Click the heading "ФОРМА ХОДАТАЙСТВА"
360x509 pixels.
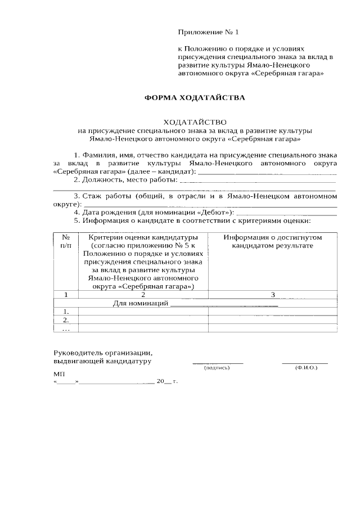point(195,97)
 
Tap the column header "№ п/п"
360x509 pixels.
point(66,241)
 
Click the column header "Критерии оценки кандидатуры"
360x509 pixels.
point(143,262)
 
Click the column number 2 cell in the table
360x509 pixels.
point(143,294)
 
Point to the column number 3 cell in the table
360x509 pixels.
point(272,294)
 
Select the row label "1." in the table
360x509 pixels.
point(66,311)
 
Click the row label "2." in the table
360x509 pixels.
point(66,319)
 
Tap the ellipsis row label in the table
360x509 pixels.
point(66,328)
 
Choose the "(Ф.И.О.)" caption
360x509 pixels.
point(305,368)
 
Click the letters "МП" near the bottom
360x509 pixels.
point(59,373)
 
